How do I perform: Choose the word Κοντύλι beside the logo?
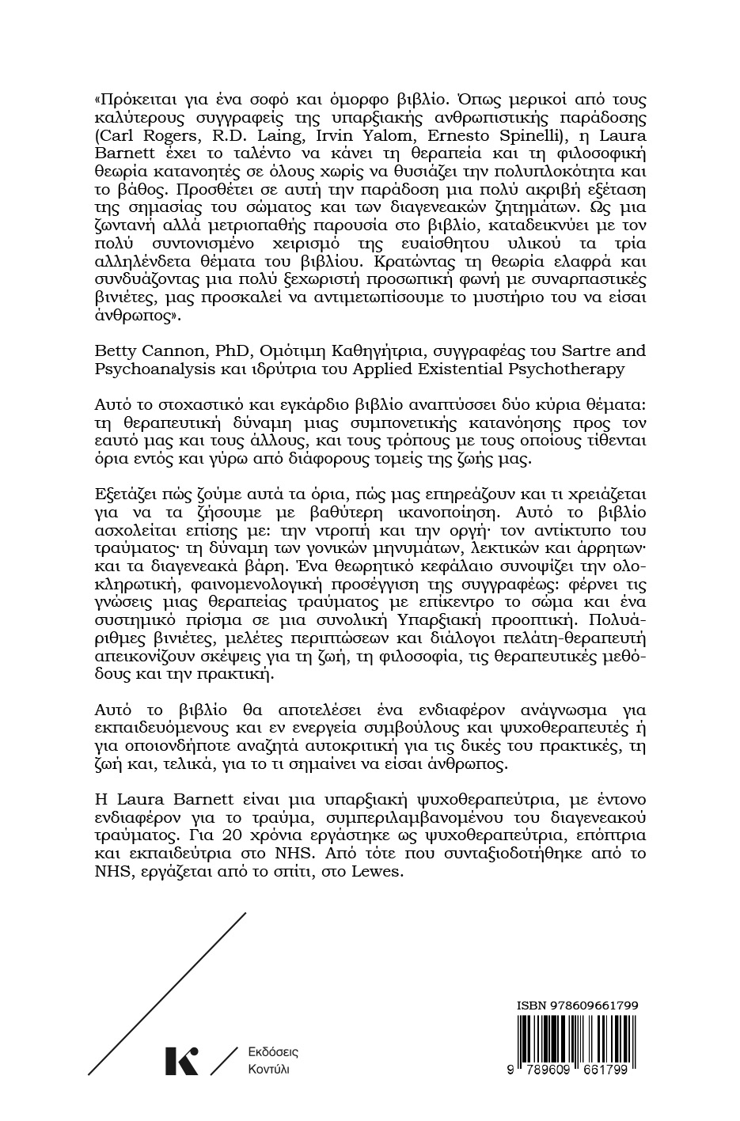tap(269, 1069)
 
